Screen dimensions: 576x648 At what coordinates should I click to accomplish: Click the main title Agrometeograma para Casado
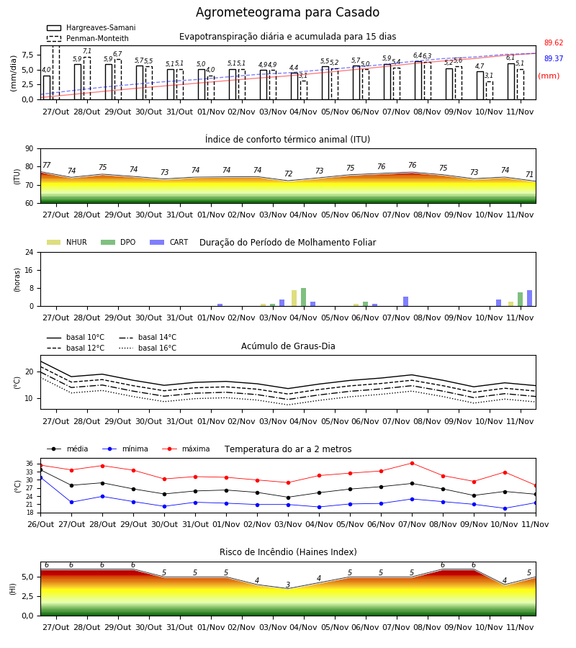(287, 12)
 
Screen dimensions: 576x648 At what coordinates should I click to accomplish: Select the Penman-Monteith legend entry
(88, 38)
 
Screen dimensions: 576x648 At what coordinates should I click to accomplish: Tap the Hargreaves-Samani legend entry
(91, 27)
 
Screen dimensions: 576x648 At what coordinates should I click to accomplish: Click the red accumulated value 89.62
(554, 42)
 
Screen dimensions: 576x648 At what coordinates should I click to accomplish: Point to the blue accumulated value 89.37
(554, 58)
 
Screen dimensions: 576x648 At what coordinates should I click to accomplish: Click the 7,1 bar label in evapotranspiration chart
(87, 51)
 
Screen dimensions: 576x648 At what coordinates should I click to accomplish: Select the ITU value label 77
(47, 166)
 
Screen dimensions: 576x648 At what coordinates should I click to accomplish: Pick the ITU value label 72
(289, 174)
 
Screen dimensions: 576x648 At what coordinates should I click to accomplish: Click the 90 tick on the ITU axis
(30, 149)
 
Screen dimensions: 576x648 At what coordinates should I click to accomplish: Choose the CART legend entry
(168, 242)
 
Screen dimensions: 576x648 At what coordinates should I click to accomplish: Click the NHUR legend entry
(67, 242)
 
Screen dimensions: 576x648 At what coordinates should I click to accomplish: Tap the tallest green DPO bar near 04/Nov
(303, 297)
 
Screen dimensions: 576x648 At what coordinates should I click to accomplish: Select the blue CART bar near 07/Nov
(406, 301)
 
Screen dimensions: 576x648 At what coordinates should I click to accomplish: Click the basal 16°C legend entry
(148, 348)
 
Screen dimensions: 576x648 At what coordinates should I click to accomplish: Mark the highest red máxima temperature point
(412, 463)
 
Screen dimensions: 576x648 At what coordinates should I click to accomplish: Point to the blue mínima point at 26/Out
(41, 477)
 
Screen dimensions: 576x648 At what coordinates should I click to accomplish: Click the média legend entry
(68, 449)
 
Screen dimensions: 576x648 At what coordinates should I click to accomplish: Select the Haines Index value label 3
(288, 585)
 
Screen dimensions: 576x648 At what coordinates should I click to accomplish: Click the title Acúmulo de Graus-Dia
(288, 346)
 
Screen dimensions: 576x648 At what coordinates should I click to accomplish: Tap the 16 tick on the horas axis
(30, 270)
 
